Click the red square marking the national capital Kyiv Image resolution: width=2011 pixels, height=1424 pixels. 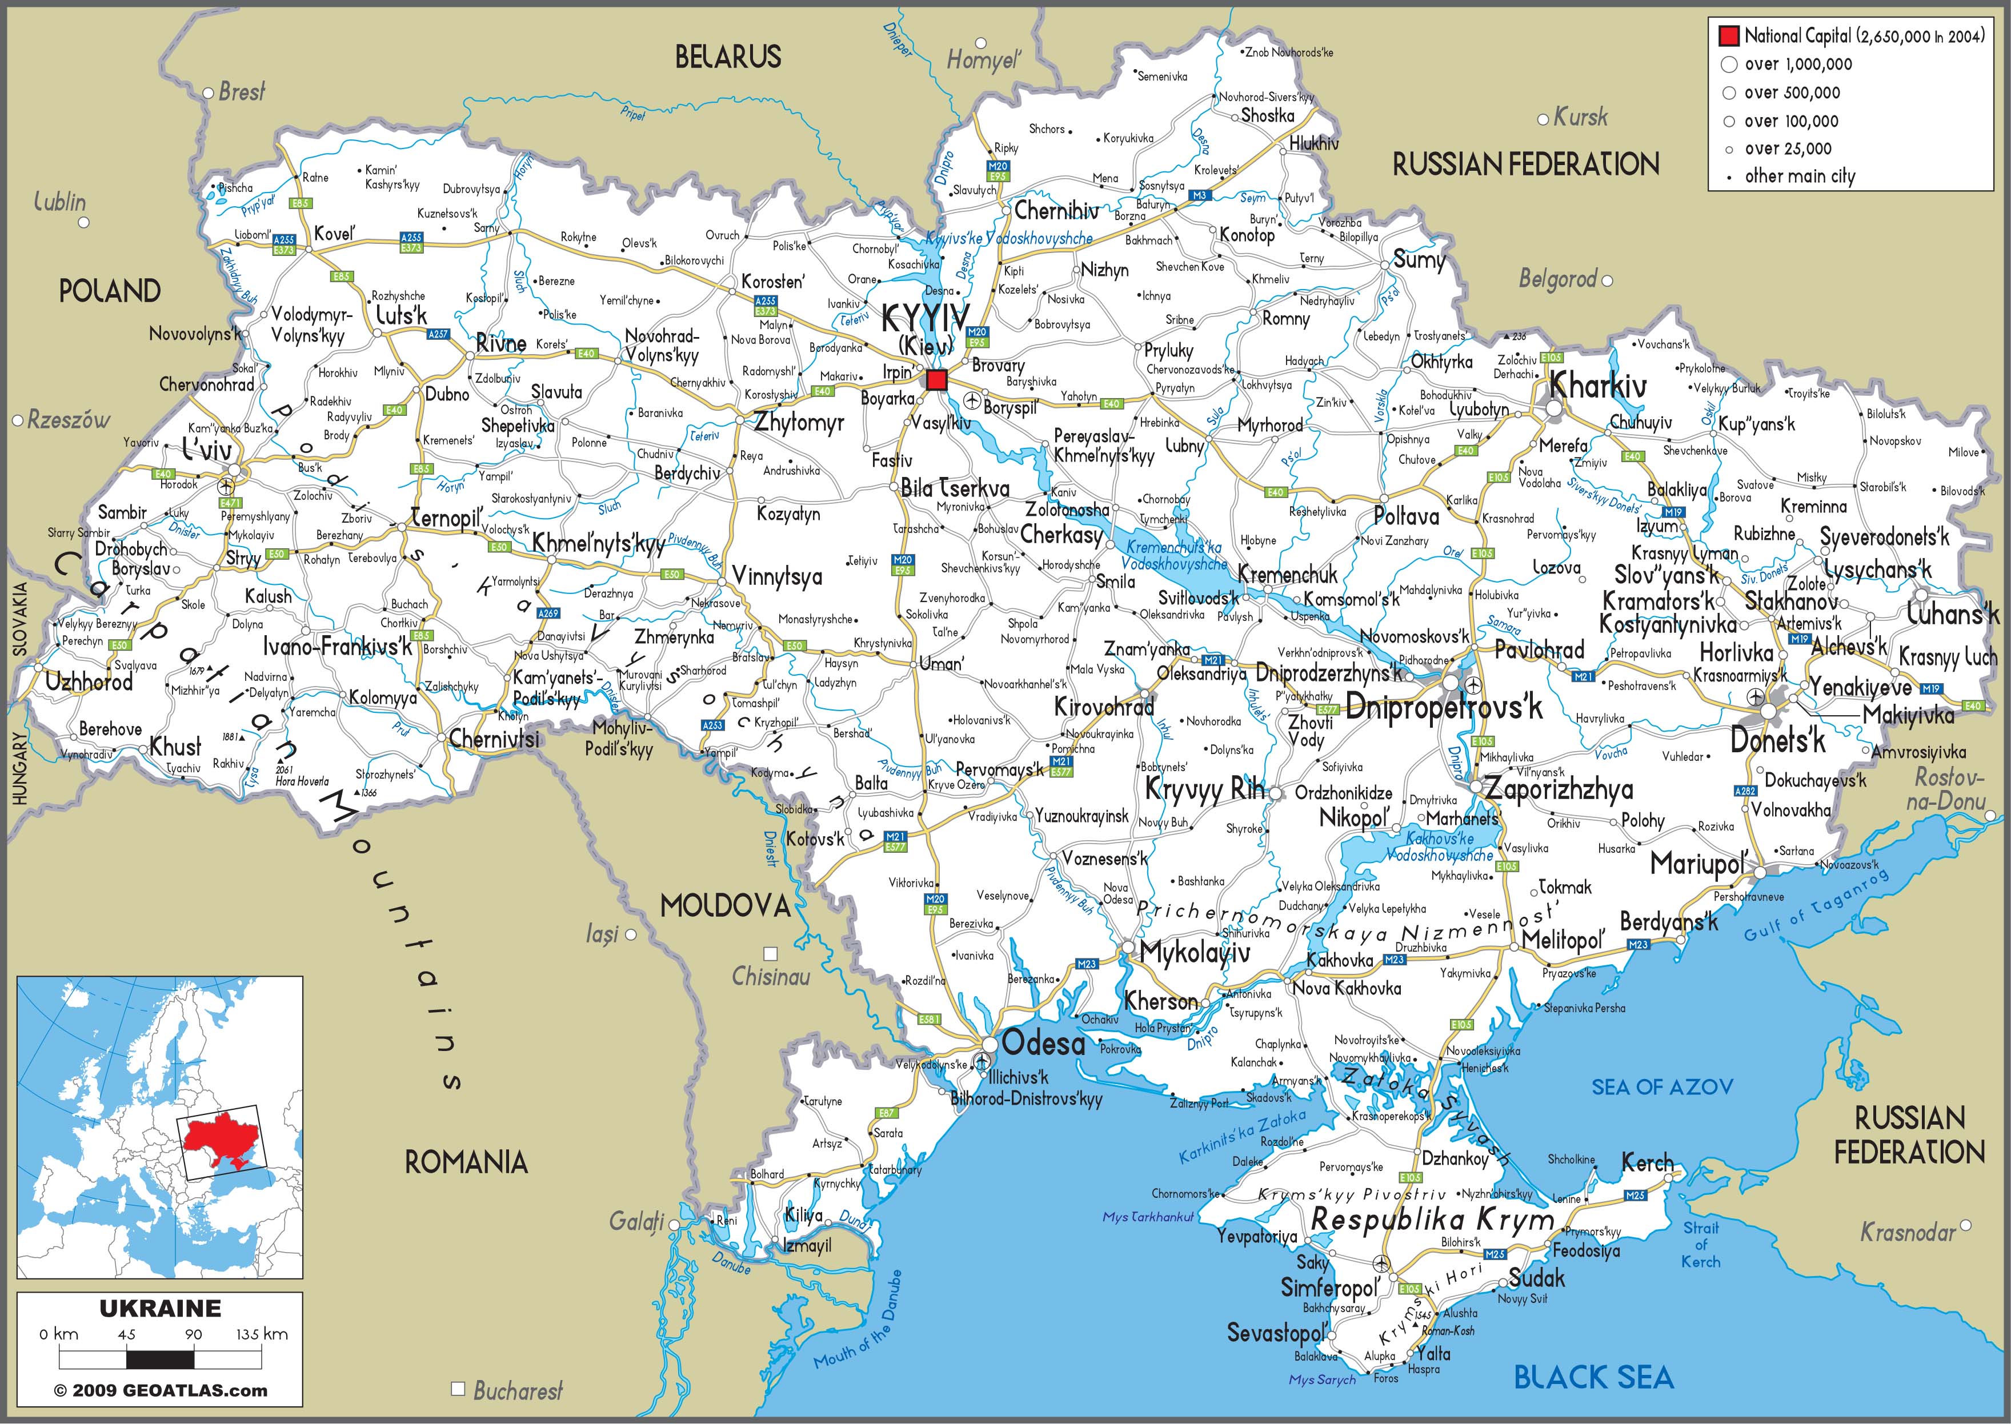click(x=936, y=380)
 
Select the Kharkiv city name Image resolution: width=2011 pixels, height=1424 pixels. click(x=1598, y=386)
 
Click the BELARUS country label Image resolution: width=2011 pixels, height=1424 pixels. click(x=728, y=57)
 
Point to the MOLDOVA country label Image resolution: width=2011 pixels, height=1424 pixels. click(x=726, y=906)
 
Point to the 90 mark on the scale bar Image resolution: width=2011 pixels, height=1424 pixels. click(x=193, y=1334)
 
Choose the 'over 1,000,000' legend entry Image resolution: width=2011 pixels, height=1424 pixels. click(x=1798, y=64)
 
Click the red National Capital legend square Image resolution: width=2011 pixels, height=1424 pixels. click(x=1729, y=36)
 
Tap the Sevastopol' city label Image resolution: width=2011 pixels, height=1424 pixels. click(x=1276, y=1334)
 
